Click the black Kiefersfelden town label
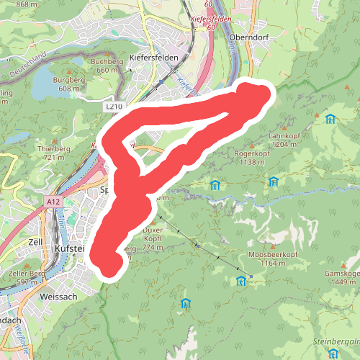coord(154,56)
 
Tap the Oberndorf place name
coord(248,37)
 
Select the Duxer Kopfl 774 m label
coord(152,239)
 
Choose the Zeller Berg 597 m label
coord(27,277)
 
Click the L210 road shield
coord(114,106)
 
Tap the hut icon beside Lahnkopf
coord(330,119)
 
